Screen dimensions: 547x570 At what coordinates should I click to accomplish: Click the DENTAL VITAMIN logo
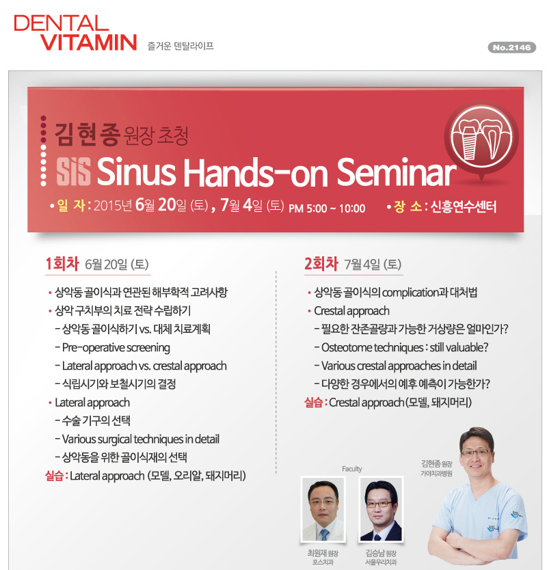75,33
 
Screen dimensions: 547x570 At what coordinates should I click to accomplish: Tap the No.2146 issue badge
511,47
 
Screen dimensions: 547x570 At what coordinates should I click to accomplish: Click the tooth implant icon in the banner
481,138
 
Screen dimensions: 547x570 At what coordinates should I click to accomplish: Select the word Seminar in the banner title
396,172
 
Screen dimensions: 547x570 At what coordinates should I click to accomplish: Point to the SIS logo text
73,172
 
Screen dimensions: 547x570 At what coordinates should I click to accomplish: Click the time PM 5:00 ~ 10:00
327,208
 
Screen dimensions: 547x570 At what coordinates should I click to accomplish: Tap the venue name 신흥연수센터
464,207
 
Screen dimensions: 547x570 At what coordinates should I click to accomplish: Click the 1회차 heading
62,264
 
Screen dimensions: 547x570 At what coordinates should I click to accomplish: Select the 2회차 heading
321,264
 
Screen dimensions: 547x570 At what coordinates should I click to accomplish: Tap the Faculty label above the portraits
351,469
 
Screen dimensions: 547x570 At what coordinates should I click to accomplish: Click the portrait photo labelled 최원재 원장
323,509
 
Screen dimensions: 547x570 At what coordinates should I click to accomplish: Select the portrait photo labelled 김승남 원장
381,509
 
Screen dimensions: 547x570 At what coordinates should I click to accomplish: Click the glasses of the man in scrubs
476,453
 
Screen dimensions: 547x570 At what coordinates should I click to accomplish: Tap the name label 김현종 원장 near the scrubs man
436,464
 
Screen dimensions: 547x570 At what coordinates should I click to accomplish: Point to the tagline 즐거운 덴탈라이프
181,46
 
